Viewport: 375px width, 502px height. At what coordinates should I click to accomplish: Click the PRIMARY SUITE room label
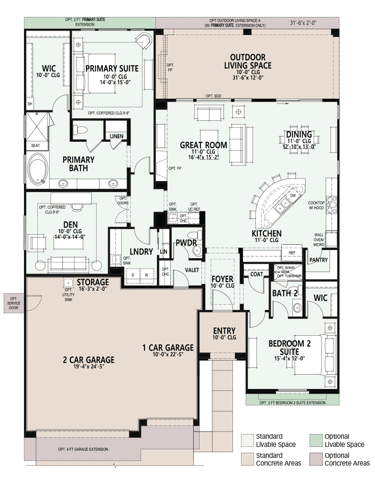click(112, 68)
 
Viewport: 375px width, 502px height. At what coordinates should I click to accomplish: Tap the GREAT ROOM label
click(203, 145)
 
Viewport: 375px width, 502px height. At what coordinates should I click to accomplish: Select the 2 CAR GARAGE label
click(88, 360)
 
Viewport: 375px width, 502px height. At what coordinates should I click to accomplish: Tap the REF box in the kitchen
click(292, 253)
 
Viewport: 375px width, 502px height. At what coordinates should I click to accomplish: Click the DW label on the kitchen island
click(293, 195)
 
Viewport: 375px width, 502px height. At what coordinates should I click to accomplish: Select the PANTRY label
click(319, 260)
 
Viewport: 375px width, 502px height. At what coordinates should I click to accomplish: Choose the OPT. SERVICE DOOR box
click(13, 303)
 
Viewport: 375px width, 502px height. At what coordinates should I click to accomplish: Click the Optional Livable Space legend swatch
click(316, 441)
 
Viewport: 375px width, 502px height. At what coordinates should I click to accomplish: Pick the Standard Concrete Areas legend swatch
click(247, 459)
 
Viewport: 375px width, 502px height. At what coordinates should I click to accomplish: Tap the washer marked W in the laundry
click(147, 275)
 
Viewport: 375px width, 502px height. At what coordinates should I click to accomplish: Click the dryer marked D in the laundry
click(133, 275)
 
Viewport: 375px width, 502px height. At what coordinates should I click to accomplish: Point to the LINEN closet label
click(116, 136)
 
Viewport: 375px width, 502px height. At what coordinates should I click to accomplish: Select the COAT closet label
click(256, 274)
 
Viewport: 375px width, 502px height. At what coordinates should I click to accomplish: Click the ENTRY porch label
click(224, 331)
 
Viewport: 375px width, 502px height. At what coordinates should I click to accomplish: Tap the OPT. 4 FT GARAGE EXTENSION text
click(83, 449)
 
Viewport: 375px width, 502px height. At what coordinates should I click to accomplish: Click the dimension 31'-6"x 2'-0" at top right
click(303, 23)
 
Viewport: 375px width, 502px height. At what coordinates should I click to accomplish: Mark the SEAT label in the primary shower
click(35, 145)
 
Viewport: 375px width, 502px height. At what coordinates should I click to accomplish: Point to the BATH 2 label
click(285, 293)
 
